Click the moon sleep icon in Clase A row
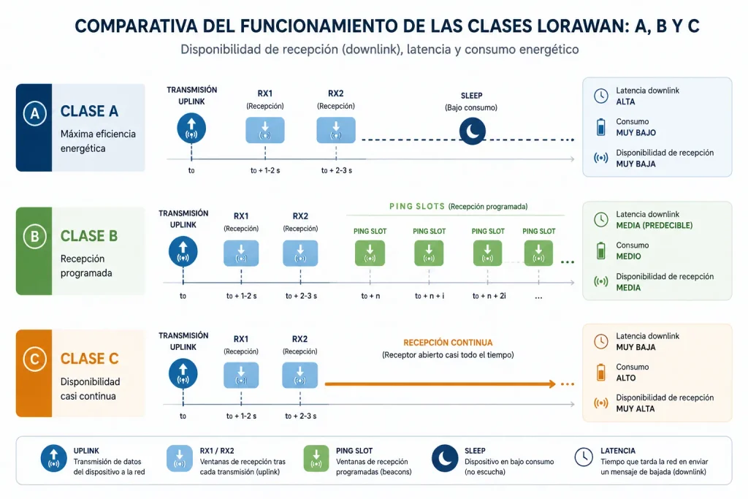[473, 132]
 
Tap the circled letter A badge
[35, 113]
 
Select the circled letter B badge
[35, 236]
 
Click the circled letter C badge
[35, 359]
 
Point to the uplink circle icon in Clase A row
[191, 129]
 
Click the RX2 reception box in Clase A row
[336, 130]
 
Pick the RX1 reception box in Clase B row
[241, 253]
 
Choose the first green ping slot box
[370, 253]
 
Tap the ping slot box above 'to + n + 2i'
[487, 253]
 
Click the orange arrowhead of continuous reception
[552, 384]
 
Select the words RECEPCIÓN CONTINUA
[448, 343]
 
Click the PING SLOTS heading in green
[417, 207]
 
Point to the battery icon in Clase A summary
[601, 127]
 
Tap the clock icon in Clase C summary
[601, 341]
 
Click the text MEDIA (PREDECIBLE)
[654, 225]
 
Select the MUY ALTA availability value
[635, 409]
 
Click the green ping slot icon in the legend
[316, 458]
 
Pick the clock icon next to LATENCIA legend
[584, 457]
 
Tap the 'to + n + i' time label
[430, 296]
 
